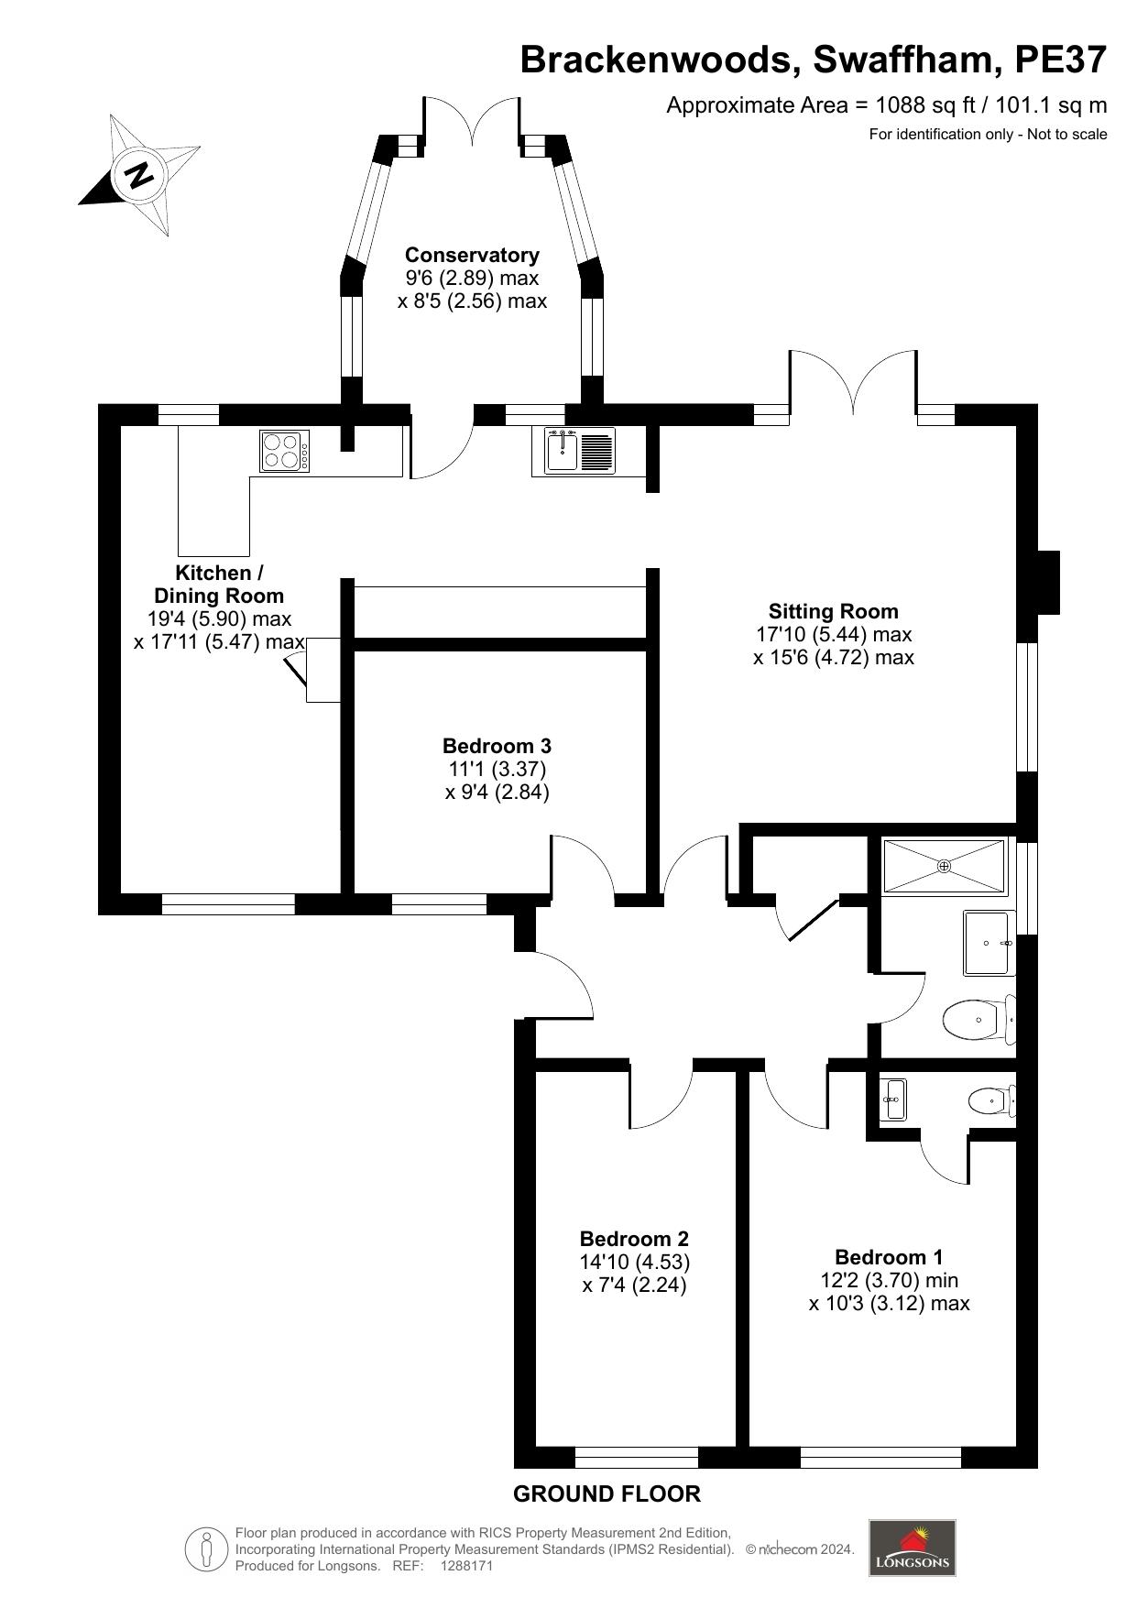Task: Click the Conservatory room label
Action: coord(472,255)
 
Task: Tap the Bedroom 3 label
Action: coord(497,746)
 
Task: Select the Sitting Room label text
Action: coord(833,611)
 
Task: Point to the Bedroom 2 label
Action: coord(634,1239)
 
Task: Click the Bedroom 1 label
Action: coord(889,1257)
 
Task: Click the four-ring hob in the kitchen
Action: coord(285,451)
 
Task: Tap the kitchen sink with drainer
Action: coord(574,451)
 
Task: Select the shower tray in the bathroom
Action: coord(945,865)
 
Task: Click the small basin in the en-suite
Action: coord(892,1099)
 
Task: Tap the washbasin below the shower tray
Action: coord(986,943)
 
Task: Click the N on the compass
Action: coord(139,174)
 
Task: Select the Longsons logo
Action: coord(913,1548)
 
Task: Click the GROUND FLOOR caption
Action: coord(607,1494)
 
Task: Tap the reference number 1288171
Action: coord(467,1566)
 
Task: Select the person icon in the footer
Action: coord(207,1549)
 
